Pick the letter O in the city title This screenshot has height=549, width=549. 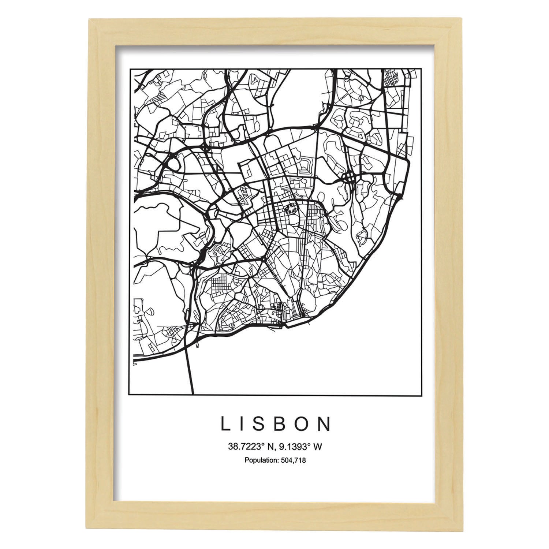[304, 424]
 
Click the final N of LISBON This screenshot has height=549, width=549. [325, 424]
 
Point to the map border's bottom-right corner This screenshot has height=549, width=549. [418, 395]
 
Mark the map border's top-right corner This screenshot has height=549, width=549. [418, 68]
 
